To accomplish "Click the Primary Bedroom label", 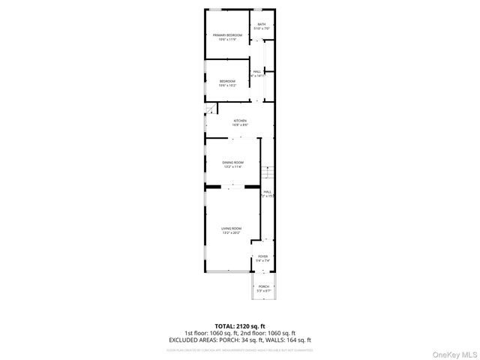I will click(227, 35).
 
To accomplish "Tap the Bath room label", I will click(262, 24).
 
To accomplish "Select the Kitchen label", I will click(240, 121).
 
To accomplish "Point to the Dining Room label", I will click(232, 163).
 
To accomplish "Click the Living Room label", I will click(231, 228).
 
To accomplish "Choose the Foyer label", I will click(262, 256).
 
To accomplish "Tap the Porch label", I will click(263, 286).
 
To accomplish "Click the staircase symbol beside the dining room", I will click(269, 175).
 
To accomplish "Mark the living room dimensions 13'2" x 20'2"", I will click(231, 232).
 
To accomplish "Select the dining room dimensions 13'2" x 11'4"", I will click(232, 167).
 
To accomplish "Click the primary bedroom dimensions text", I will click(227, 40).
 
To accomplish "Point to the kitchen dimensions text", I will click(240, 125).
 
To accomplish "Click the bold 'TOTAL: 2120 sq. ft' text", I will click(240, 326).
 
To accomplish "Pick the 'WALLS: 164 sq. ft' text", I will click(289, 340).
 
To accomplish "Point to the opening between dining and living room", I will click(241, 186).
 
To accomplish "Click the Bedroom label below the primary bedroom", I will click(227, 81).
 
